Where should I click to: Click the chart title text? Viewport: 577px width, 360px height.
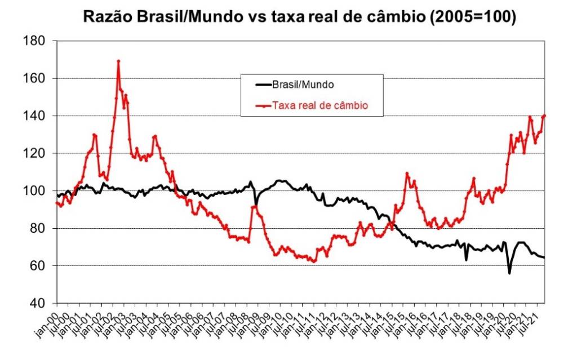[x=299, y=17]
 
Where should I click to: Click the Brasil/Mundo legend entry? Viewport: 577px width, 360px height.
[x=303, y=85]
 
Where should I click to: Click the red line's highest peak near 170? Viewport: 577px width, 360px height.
[x=118, y=61]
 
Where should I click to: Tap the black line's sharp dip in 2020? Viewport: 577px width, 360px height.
[x=509, y=273]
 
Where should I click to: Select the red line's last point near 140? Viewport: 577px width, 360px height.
[x=544, y=115]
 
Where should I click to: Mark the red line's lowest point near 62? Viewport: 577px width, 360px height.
[x=313, y=261]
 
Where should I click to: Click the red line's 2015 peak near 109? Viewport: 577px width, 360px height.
[x=407, y=174]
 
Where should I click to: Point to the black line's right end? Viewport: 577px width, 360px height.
[x=544, y=257]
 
